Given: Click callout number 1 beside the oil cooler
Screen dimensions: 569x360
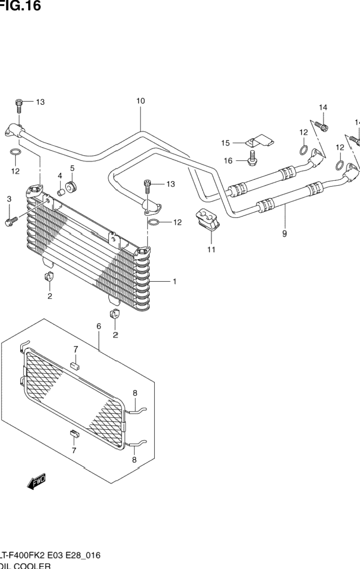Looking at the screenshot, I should [174, 282].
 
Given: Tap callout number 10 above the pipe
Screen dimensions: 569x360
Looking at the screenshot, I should [140, 101].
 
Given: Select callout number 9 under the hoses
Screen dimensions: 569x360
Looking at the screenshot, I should [285, 234].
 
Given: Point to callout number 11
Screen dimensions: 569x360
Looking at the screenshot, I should [211, 249].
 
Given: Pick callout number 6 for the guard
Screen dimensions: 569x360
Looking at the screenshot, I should [99, 326].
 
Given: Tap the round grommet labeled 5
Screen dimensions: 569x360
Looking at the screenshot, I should [71, 186].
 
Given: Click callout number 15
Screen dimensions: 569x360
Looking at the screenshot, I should [226, 143].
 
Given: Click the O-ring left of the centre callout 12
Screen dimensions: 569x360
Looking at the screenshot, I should [153, 222].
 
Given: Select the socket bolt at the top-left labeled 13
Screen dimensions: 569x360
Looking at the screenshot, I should [19, 105].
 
